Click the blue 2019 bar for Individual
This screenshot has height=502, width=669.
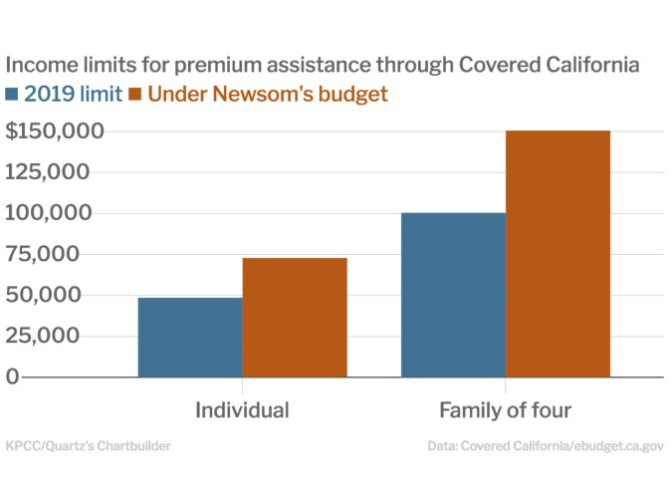pos(190,337)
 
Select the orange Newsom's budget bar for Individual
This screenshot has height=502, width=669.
pos(295,317)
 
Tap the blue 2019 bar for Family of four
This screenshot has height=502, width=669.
pos(453,295)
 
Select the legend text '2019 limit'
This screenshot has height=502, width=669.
pos(74,95)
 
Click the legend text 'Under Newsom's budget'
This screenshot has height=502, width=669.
pos(267,95)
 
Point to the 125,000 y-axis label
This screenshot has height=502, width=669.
pos(48,172)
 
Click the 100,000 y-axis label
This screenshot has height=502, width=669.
pos(48,213)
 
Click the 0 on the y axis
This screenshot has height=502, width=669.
pos(12,376)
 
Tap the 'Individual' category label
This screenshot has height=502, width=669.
pos(242,410)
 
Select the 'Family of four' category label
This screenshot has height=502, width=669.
pos(506,410)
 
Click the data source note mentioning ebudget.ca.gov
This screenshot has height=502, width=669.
pos(546,446)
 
